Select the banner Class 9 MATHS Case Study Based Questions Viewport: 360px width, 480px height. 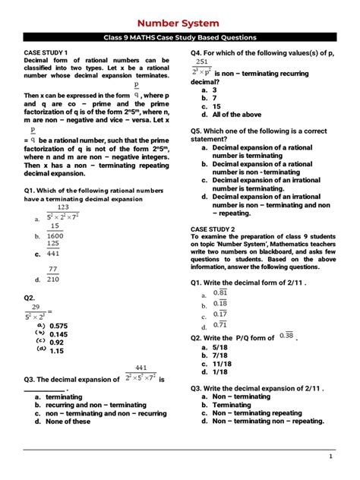(x=180, y=37)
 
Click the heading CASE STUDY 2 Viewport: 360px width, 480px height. (x=213, y=229)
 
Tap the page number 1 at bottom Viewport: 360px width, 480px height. (x=331, y=456)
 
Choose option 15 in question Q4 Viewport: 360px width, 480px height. (x=216, y=107)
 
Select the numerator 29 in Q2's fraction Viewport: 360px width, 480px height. (x=36, y=307)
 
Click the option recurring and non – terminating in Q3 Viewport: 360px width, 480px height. (x=96, y=405)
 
